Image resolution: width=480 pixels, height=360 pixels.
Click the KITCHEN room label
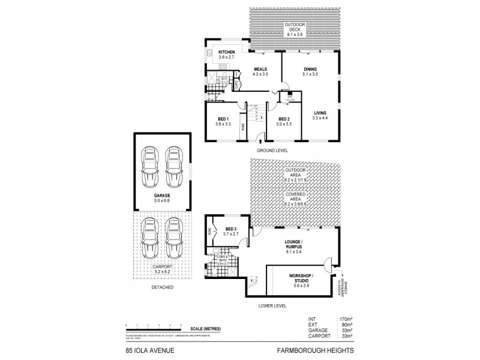coord(227,52)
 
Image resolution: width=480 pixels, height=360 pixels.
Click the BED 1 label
coord(224,119)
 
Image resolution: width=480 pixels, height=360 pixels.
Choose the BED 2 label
coord(284,119)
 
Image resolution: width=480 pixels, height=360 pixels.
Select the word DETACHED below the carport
coord(162,287)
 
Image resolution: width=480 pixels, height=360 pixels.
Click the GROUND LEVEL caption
coord(272,150)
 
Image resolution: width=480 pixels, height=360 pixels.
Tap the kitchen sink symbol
coord(209,53)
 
